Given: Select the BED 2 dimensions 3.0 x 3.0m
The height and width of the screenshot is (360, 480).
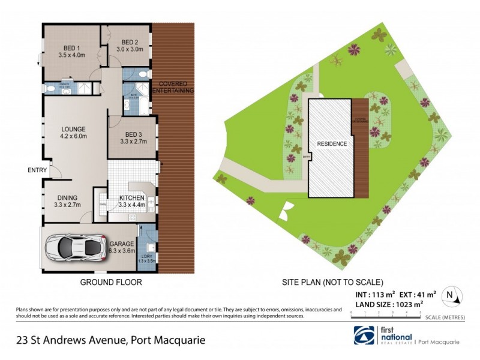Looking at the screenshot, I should pyautogui.click(x=130, y=49).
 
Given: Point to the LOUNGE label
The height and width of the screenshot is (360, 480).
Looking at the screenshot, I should pyautogui.click(x=73, y=129).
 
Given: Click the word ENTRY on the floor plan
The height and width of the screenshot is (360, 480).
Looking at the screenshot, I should pyautogui.click(x=37, y=170).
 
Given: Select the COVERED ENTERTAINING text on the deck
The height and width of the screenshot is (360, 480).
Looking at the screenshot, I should pyautogui.click(x=173, y=87).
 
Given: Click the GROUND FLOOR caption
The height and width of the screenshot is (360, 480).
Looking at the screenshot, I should pyautogui.click(x=111, y=281).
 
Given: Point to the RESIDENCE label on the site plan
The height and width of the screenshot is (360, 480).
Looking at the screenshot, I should pyautogui.click(x=331, y=144).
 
